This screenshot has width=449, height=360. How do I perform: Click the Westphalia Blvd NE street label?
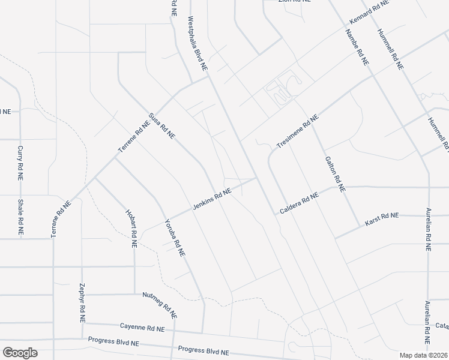(197, 44)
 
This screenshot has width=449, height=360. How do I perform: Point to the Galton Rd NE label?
(334, 173)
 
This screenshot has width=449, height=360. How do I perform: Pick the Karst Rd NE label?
(382, 220)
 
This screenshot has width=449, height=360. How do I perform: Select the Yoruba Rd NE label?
(175, 238)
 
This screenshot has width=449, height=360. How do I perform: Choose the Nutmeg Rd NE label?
(160, 304)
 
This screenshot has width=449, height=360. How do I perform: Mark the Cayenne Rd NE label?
(142, 328)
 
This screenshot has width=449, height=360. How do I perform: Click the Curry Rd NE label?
(20, 163)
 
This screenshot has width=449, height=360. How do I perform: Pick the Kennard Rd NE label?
(369, 12)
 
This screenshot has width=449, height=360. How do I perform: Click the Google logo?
(20, 353)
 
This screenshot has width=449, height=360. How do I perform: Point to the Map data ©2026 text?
(424, 355)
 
